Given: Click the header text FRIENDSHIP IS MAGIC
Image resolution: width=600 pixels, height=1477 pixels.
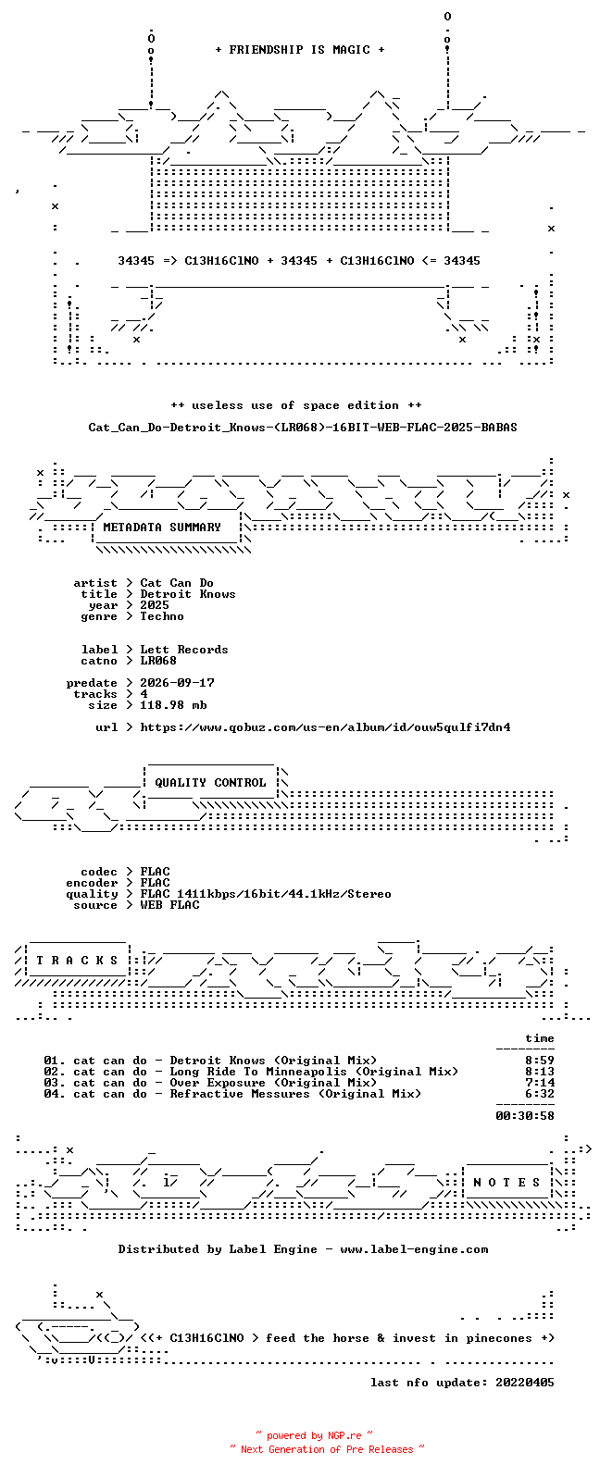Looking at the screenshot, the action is [300, 49].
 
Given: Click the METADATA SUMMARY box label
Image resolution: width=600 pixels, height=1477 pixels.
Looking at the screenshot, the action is [162, 527].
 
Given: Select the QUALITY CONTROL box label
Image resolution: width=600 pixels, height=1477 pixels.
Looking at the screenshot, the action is [210, 783].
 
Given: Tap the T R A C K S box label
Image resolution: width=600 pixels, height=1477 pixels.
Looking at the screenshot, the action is [77, 960].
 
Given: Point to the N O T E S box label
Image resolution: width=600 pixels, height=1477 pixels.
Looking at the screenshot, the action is [506, 1183].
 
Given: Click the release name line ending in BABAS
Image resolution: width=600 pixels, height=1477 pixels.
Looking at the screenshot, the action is [303, 428].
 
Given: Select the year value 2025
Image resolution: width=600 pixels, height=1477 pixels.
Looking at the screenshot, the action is [155, 605].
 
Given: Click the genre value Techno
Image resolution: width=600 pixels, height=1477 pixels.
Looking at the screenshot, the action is [162, 616].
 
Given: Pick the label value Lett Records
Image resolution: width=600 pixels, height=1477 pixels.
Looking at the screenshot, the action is [184, 650].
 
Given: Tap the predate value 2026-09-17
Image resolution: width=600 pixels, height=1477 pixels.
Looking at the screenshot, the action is [177, 683].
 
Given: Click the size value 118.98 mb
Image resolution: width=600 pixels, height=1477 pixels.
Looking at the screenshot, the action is [173, 705].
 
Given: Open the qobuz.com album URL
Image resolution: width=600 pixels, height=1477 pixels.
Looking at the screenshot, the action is [325, 727].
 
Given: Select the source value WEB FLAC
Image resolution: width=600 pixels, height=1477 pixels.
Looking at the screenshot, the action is [169, 905].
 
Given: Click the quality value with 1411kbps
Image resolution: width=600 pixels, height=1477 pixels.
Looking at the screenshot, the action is [266, 894].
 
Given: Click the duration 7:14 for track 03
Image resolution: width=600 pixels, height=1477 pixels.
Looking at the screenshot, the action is [540, 1083].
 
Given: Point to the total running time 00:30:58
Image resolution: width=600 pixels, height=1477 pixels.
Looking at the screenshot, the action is [525, 1116].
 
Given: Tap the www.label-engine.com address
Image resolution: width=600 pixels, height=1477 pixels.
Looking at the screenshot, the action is [415, 1249].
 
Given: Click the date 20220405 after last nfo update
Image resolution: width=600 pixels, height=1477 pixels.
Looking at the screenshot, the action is [525, 1383].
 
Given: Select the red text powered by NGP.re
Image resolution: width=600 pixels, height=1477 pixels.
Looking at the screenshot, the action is [314, 1435].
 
